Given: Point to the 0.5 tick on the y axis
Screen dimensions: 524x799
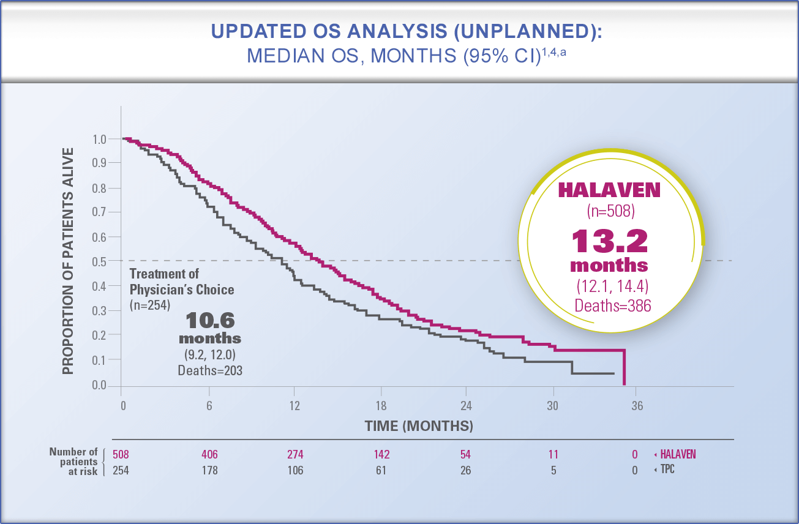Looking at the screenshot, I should click(x=100, y=261).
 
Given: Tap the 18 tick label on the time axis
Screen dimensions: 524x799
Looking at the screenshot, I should click(x=381, y=406).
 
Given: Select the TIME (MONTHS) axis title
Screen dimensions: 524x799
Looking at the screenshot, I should click(x=419, y=425).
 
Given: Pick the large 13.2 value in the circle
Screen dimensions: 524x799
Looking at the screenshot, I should click(x=610, y=241).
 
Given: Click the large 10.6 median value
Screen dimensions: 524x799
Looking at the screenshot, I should click(x=210, y=320).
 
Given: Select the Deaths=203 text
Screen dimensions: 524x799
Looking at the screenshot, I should click(x=210, y=370).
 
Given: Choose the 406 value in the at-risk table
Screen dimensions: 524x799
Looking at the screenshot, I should click(x=209, y=454).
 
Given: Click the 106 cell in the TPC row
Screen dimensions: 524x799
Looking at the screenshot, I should click(x=294, y=470).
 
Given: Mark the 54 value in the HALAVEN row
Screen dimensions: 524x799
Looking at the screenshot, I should click(x=467, y=454).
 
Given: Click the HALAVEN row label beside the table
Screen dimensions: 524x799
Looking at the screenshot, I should click(x=678, y=454).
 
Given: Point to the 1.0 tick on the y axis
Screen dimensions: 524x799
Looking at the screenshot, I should click(x=100, y=139).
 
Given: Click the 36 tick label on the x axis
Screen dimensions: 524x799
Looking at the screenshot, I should click(x=637, y=406).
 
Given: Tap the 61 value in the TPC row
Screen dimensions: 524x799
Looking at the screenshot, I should click(x=381, y=470).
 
